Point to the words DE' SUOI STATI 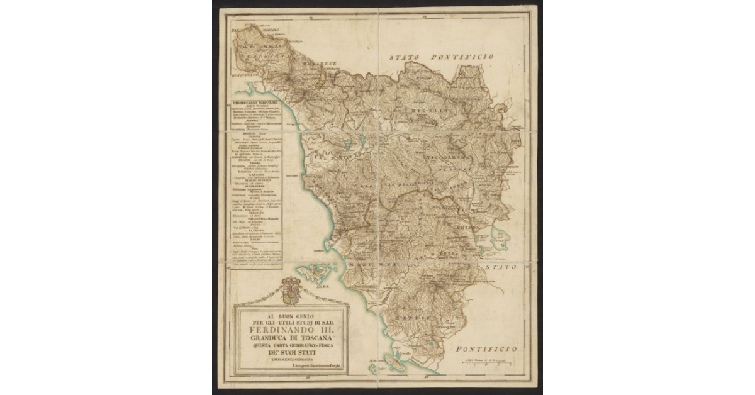coord(290,352)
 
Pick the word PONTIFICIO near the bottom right coord(487,348)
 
